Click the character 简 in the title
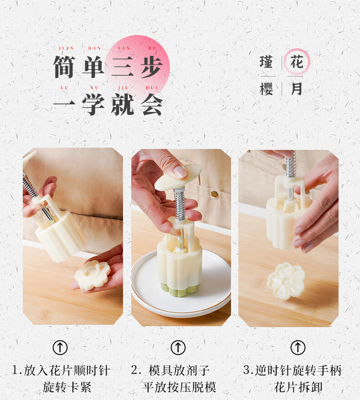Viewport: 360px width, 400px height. pos(64,67)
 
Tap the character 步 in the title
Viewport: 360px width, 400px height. pos(152,67)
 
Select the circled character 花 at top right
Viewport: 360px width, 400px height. pos(297,62)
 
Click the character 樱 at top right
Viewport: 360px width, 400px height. pos(267,89)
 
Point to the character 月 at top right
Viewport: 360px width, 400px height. pos(297,89)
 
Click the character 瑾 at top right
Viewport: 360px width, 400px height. pos(267,62)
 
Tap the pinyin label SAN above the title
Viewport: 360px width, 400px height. pos(124,48)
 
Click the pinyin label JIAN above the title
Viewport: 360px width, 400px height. pos(66,48)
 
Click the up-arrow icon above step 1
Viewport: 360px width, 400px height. pos(60,348)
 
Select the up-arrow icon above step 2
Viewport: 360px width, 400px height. pos(178,348)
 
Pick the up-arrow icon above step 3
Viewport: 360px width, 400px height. pos(298,348)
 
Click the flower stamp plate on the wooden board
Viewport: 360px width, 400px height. pos(286,281)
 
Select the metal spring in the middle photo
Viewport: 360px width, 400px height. pos(180,204)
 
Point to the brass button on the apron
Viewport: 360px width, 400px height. pos(214,194)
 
